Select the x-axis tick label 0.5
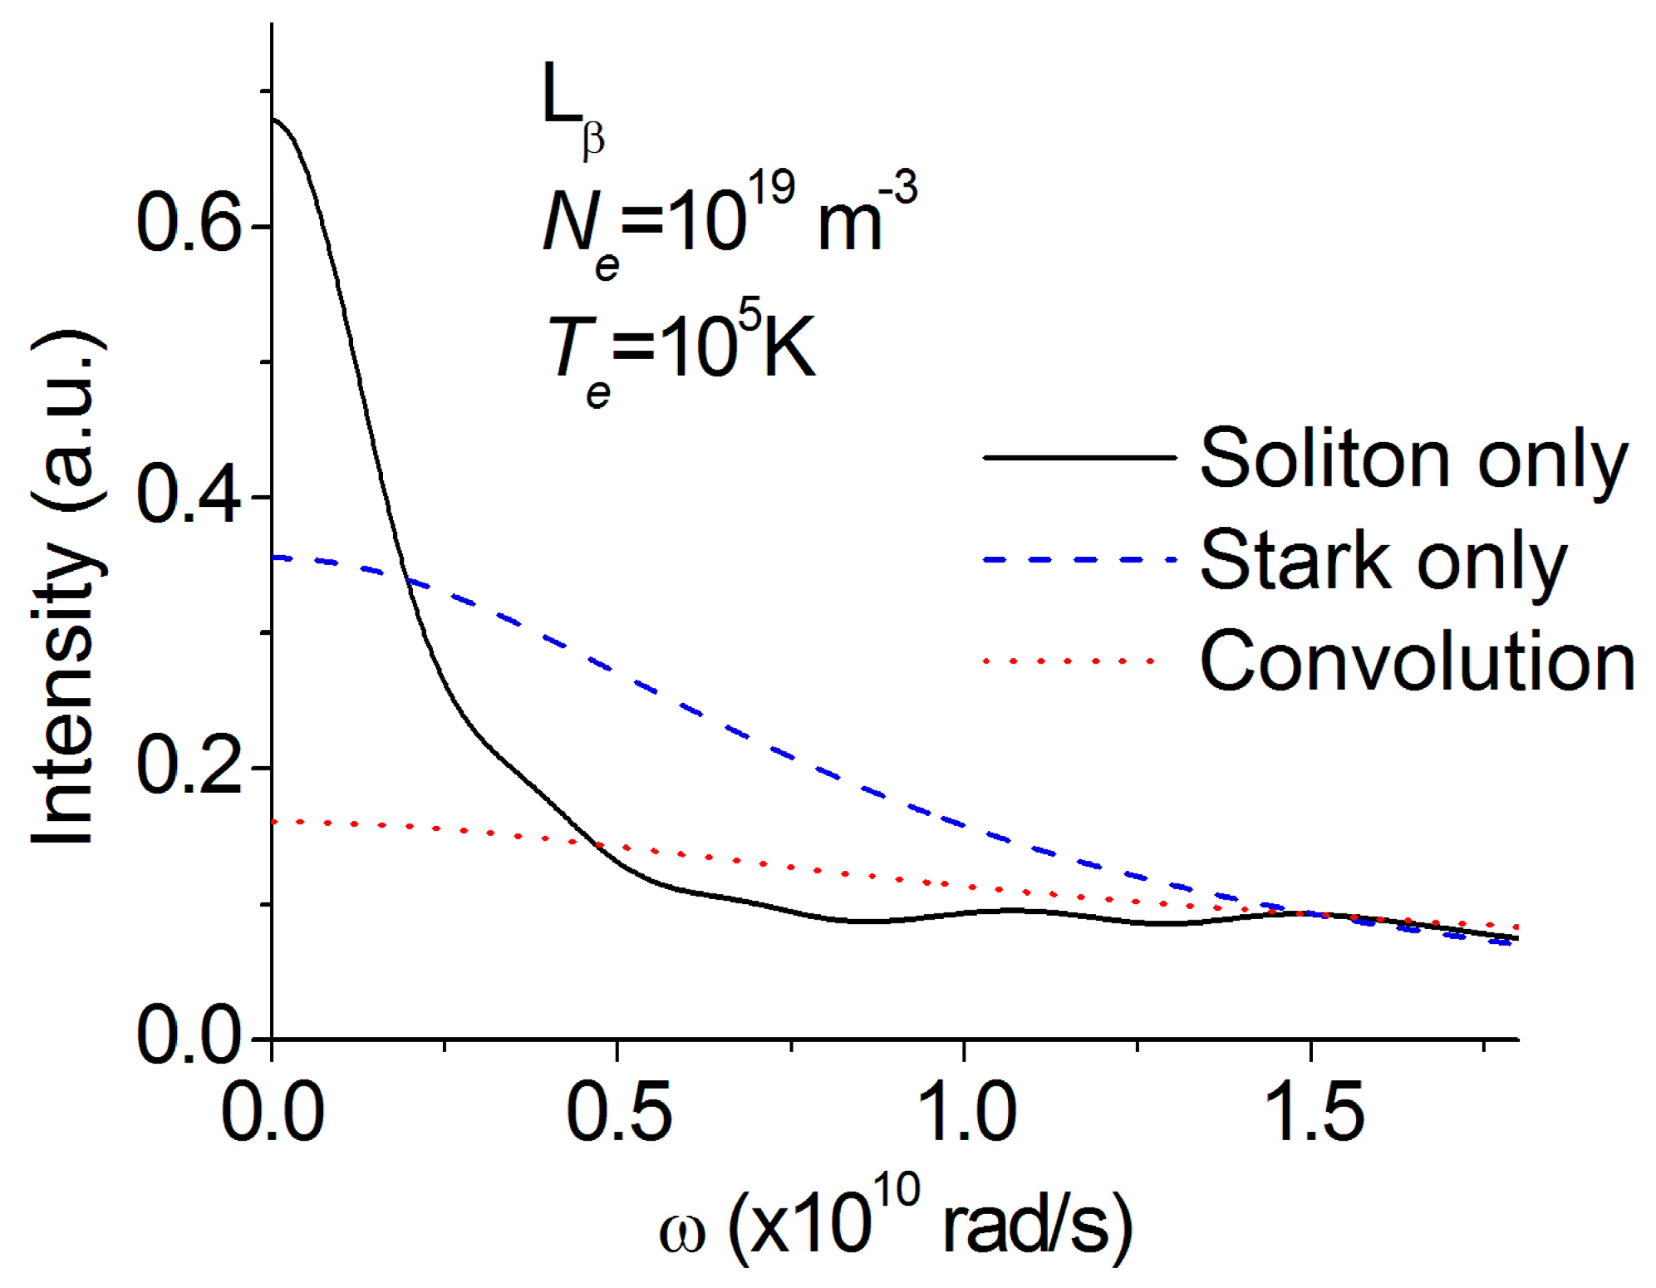pyautogui.click(x=618, y=1112)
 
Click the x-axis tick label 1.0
pyautogui.click(x=966, y=1112)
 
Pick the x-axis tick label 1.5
pyautogui.click(x=1314, y=1112)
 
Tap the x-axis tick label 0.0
pyautogui.click(x=273, y=1112)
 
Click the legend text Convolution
pyautogui.click(x=1418, y=661)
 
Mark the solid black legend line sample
pyautogui.click(x=1079, y=457)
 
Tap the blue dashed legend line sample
pyautogui.click(x=1079, y=559)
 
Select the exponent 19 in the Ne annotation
pyautogui.click(x=770, y=188)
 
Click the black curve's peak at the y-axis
pyautogui.click(x=273, y=119)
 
